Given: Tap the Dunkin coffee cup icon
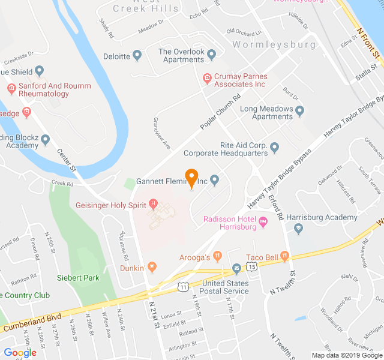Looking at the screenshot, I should tap(152, 267).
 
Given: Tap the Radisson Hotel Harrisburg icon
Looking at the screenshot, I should tap(263, 224).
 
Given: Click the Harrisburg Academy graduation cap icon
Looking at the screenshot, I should tap(298, 228).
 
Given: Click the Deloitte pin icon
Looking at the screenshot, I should tap(137, 56).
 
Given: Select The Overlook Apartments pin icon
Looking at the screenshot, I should tap(211, 56).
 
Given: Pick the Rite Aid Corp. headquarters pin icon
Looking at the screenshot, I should tap(275, 148).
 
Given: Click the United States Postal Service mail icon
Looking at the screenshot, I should tap(237, 268).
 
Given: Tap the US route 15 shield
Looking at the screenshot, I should tap(254, 266).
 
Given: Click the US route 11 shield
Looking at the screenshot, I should tap(183, 287).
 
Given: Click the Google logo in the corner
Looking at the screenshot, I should tap(20, 352).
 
